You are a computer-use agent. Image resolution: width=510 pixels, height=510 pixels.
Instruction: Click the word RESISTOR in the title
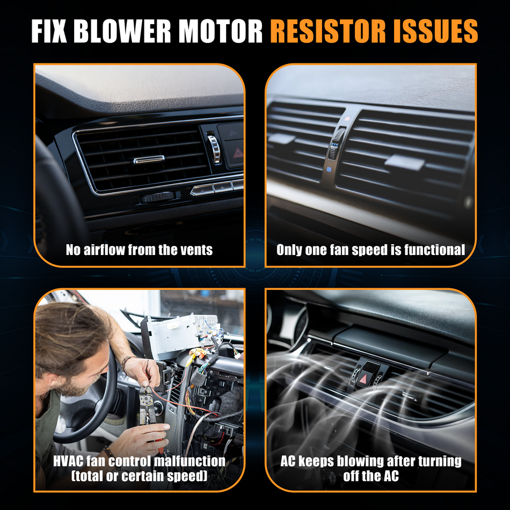(328, 31)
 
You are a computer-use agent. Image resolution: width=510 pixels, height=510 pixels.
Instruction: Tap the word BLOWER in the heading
(122, 31)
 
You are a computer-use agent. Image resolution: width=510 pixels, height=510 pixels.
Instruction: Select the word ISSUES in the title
(435, 31)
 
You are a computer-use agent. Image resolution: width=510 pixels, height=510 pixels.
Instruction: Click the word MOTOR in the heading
(221, 31)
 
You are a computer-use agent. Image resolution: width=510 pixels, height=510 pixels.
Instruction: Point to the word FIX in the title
(49, 31)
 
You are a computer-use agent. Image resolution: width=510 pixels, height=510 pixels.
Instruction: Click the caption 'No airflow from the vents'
(139, 250)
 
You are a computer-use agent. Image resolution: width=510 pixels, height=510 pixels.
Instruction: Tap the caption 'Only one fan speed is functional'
(371, 250)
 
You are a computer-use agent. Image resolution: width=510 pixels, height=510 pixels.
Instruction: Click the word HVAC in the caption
(68, 461)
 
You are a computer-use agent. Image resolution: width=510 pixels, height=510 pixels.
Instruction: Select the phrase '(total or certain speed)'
(139, 476)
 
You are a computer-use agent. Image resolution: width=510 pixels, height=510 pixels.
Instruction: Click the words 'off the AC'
(371, 476)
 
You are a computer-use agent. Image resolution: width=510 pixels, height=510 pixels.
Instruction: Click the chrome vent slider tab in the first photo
(149, 159)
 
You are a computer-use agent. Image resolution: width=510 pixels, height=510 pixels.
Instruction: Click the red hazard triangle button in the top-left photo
(238, 152)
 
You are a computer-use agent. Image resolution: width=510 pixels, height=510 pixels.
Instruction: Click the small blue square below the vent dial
(329, 170)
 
